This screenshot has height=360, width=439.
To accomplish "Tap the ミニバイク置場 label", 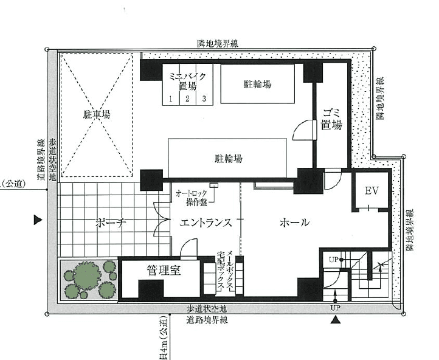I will (x=188, y=80).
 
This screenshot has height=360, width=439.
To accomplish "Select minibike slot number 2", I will (x=188, y=99).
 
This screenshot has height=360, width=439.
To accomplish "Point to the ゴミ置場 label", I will (x=331, y=120).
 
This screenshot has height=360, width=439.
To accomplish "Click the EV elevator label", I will (x=372, y=191).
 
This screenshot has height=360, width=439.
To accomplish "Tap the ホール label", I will (x=294, y=223).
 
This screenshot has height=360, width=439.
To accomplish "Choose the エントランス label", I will (x=207, y=223).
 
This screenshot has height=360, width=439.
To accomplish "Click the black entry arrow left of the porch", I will (x=38, y=220).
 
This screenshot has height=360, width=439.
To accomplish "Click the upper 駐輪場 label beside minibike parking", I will (x=258, y=85).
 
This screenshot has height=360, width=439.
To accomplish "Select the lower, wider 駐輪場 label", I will (x=229, y=159).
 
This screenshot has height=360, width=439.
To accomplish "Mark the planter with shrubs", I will (x=89, y=280).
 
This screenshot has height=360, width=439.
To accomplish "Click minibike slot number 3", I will (x=204, y=99).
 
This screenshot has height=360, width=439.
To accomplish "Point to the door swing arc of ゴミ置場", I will (x=302, y=130).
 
